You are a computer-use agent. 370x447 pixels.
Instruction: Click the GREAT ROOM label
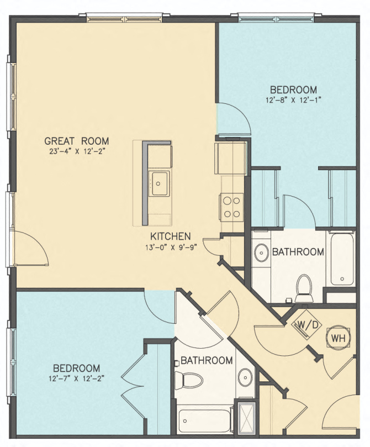[x=77, y=140]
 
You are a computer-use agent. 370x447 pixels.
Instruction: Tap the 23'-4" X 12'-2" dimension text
[x=77, y=150]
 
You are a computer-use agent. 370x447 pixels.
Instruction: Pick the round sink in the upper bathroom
[x=261, y=254]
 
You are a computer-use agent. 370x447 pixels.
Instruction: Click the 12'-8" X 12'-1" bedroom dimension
[x=293, y=100]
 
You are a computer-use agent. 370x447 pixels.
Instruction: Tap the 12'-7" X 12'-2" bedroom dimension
[x=77, y=378]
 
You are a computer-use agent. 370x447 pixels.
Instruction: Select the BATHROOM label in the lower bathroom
[x=207, y=360]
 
